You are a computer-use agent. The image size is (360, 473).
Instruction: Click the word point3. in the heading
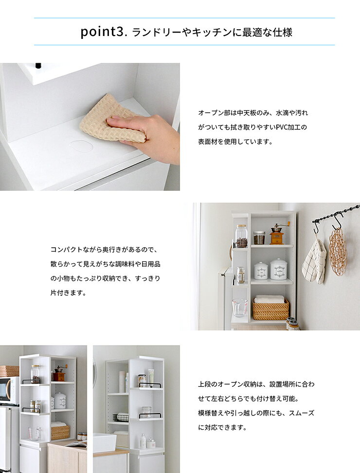tap(103, 32)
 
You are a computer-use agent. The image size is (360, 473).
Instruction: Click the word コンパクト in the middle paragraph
tap(66, 250)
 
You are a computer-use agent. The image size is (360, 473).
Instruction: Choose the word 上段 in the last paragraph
tap(204, 384)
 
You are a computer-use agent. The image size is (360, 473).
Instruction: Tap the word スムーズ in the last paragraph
tap(302, 413)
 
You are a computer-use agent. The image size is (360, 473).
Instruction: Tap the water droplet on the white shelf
tap(81, 146)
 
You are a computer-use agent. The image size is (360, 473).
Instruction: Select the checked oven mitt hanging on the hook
tap(314, 261)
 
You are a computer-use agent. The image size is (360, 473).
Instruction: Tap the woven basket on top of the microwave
tap(9, 371)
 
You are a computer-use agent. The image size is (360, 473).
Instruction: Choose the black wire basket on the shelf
tap(121, 418)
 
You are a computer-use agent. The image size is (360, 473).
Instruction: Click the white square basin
tap(104, 442)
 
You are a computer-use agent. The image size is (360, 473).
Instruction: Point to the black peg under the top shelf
tap(38, 66)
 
